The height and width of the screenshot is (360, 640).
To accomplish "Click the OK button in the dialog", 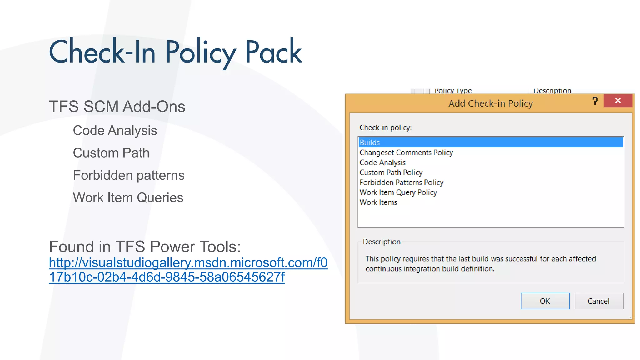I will (x=545, y=301).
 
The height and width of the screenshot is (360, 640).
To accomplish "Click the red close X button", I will (x=618, y=101).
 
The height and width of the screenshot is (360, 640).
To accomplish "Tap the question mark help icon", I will (x=595, y=101).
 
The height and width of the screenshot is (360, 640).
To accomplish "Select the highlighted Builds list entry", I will (x=370, y=142).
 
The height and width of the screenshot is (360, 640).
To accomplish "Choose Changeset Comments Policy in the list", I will (x=406, y=152).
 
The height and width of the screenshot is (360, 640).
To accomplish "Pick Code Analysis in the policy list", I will (x=382, y=162).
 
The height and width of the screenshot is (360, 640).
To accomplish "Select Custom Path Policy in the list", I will (x=391, y=172).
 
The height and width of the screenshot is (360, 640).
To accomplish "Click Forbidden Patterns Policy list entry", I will (x=401, y=182).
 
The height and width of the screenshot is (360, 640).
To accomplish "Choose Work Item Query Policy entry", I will (x=398, y=192).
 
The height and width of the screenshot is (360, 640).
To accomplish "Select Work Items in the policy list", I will (x=378, y=202).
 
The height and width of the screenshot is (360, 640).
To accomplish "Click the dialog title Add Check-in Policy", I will (x=491, y=103).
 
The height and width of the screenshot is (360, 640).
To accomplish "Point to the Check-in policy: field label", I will (x=385, y=127).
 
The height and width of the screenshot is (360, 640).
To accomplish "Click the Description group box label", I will (x=381, y=242).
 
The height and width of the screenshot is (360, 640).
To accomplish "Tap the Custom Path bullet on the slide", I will (x=111, y=153).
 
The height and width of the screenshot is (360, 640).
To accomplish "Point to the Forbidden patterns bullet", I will (x=128, y=175).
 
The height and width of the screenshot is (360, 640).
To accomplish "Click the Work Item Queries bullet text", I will (x=128, y=197).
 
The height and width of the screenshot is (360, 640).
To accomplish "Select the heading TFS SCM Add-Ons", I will (x=117, y=107).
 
